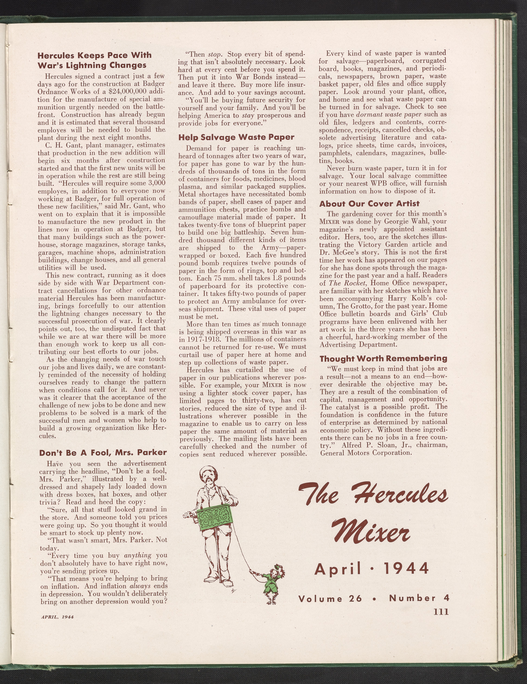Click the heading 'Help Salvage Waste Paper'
236,137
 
